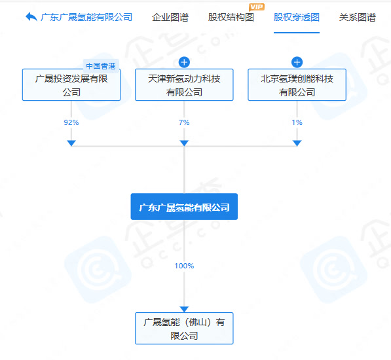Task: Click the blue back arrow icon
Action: [31, 17]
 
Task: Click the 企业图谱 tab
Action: [170, 17]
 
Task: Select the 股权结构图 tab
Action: [231, 17]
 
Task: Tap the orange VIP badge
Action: [257, 7]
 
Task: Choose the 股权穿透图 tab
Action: [297, 17]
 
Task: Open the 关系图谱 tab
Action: [358, 17]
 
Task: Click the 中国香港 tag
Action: [101, 66]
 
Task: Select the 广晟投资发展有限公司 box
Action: [71, 84]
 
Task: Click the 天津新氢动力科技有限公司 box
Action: [184, 84]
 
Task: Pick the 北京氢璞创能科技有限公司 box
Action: [297, 84]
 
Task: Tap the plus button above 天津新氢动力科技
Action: [184, 62]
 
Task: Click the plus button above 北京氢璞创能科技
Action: [297, 62]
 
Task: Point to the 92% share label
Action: [71, 122]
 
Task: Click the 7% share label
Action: [184, 122]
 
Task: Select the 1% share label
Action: [297, 122]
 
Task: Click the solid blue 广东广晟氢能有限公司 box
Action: [184, 207]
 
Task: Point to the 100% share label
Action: [184, 266]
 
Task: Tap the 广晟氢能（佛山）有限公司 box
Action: [184, 329]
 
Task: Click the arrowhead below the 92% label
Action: [71, 143]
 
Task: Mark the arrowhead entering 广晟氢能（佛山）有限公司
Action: [184, 309]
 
